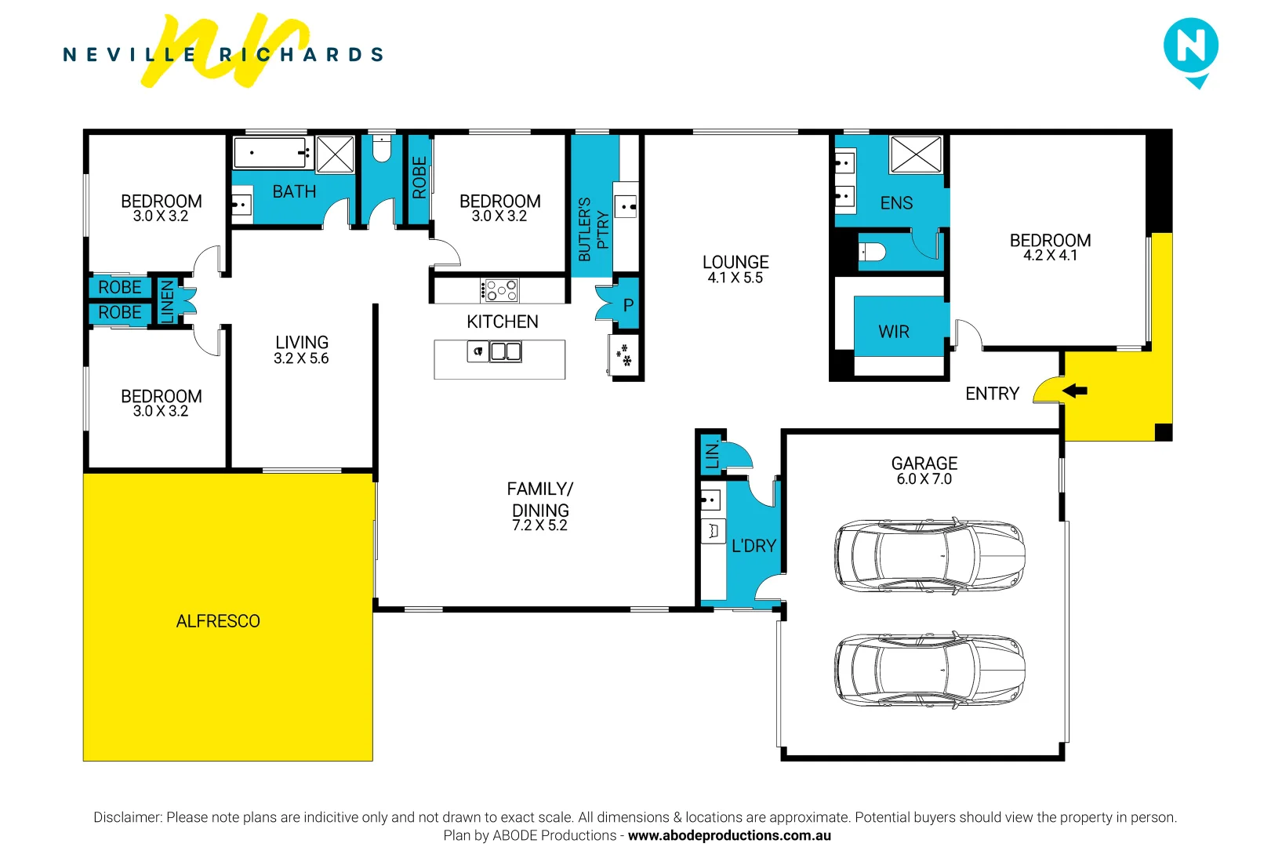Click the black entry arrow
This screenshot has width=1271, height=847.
tap(1075, 391)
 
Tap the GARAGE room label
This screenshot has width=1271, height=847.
tap(924, 463)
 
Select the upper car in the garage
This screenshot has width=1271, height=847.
tap(929, 554)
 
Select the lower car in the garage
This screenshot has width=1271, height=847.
tap(929, 670)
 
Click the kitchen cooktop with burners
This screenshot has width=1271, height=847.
tap(500, 290)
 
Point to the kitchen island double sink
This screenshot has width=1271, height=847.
tap(505, 351)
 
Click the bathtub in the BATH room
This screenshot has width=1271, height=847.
tap(270, 153)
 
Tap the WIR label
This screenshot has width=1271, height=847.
tap(894, 332)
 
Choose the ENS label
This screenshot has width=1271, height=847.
tap(896, 203)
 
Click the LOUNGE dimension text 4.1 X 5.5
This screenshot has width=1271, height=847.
tap(735, 278)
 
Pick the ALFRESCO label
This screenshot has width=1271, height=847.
tap(218, 621)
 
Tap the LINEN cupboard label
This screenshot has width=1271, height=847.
tap(167, 301)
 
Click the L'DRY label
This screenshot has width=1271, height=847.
tap(754, 546)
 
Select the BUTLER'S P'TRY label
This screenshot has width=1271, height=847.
tap(593, 229)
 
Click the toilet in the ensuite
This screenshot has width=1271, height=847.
tap(873, 252)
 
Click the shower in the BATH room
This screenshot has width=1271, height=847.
tap(335, 154)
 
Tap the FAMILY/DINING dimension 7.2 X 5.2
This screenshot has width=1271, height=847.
tap(539, 525)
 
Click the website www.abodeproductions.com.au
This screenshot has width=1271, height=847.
tap(729, 835)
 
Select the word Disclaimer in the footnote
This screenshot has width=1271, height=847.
tap(127, 817)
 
